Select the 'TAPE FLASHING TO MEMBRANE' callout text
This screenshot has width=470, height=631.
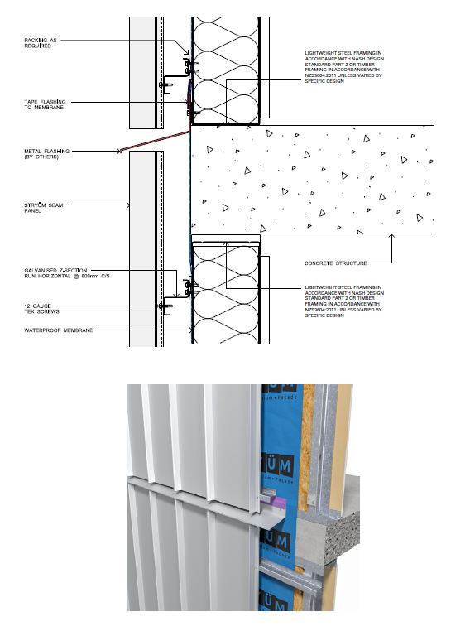coord(44,105)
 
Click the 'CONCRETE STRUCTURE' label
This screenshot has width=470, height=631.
coord(336,263)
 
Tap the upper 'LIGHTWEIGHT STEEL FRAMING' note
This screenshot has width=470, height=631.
coord(343,66)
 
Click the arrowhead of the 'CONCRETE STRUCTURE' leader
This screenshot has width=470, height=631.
coord(393,236)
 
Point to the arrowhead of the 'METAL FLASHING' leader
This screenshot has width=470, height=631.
coord(121,151)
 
